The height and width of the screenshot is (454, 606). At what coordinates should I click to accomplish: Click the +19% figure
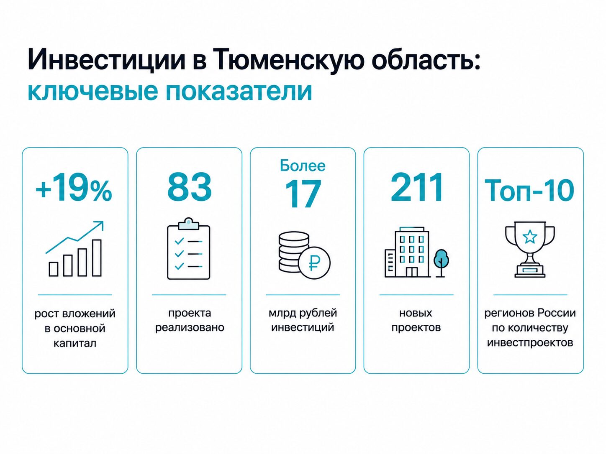[x=74, y=190]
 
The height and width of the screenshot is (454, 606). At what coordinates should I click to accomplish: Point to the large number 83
[x=190, y=187]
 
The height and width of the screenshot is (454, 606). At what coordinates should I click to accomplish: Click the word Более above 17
[x=303, y=166]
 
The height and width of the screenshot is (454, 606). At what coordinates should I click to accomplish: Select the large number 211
[x=416, y=188]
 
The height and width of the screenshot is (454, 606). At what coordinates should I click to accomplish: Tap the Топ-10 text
[x=529, y=190]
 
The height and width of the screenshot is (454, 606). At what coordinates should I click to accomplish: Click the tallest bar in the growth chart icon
[x=97, y=258]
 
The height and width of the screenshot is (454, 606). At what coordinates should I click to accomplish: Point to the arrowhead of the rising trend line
[x=100, y=224]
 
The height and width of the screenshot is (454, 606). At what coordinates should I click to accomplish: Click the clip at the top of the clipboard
[x=189, y=224]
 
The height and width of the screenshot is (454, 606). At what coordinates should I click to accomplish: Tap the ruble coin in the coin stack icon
[x=314, y=262]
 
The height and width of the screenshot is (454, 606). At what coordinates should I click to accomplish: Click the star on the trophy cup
[x=529, y=237]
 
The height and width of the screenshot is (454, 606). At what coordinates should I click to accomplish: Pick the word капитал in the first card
[x=75, y=344]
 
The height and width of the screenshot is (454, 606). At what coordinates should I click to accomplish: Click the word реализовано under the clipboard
[x=190, y=328]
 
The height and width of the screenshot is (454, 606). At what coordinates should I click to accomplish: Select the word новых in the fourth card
[x=416, y=313]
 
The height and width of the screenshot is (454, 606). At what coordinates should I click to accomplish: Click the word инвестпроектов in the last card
[x=530, y=343]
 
